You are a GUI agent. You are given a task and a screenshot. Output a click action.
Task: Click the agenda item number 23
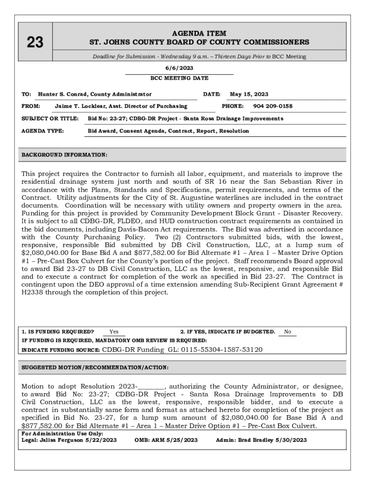tap(35, 43)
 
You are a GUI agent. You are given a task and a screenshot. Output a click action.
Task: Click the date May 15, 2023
tap(249, 94)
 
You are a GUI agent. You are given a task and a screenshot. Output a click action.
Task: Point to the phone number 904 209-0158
tap(273, 106)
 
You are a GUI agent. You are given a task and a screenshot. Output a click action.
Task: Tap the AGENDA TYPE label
tap(43, 131)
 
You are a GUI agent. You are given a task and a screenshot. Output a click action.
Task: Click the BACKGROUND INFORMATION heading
tap(64, 155)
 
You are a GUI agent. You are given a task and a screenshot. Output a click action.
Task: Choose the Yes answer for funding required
tap(114, 332)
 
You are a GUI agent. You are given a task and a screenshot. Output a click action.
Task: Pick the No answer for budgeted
tap(288, 332)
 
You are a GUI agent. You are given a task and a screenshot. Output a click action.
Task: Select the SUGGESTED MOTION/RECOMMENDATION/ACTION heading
tap(95, 368)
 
